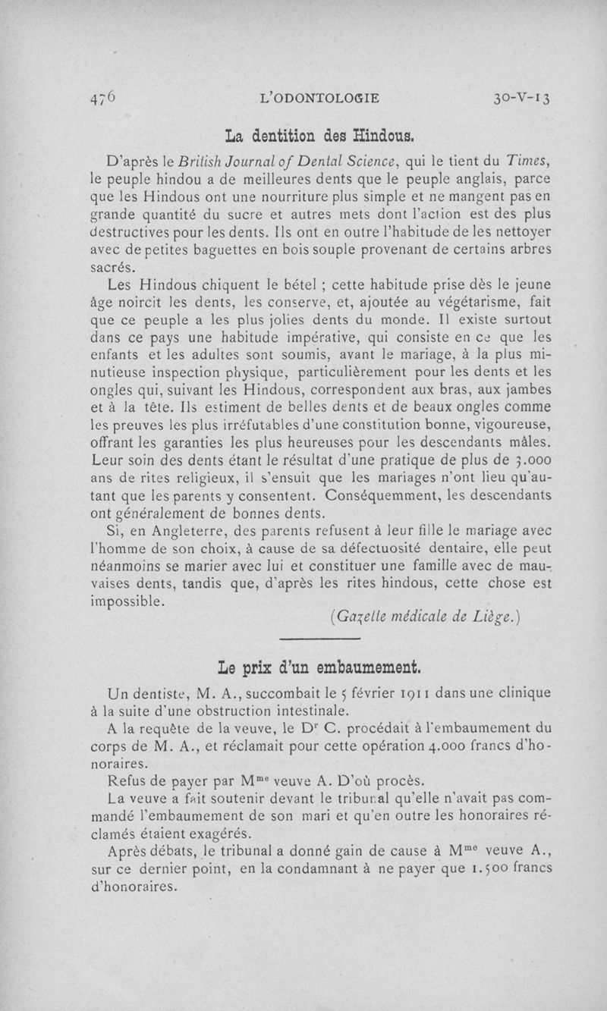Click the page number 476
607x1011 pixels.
[101, 97]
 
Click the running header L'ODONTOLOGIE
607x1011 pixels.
[319, 98]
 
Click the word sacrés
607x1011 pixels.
[112, 268]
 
